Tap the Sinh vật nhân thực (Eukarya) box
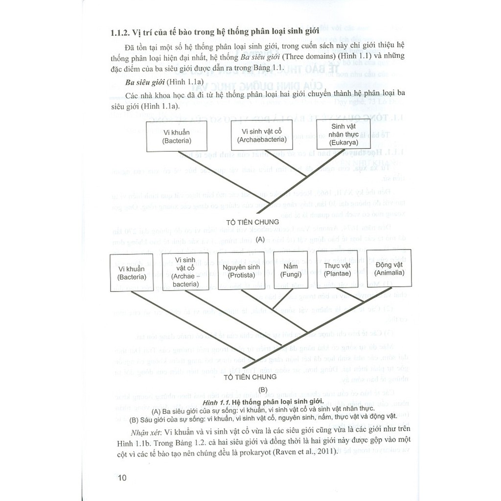point(341,135)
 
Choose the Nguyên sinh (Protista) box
point(238,271)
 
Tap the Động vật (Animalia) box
point(390,268)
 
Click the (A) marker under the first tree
point(260,239)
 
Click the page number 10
point(122,478)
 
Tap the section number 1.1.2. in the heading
point(120,33)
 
